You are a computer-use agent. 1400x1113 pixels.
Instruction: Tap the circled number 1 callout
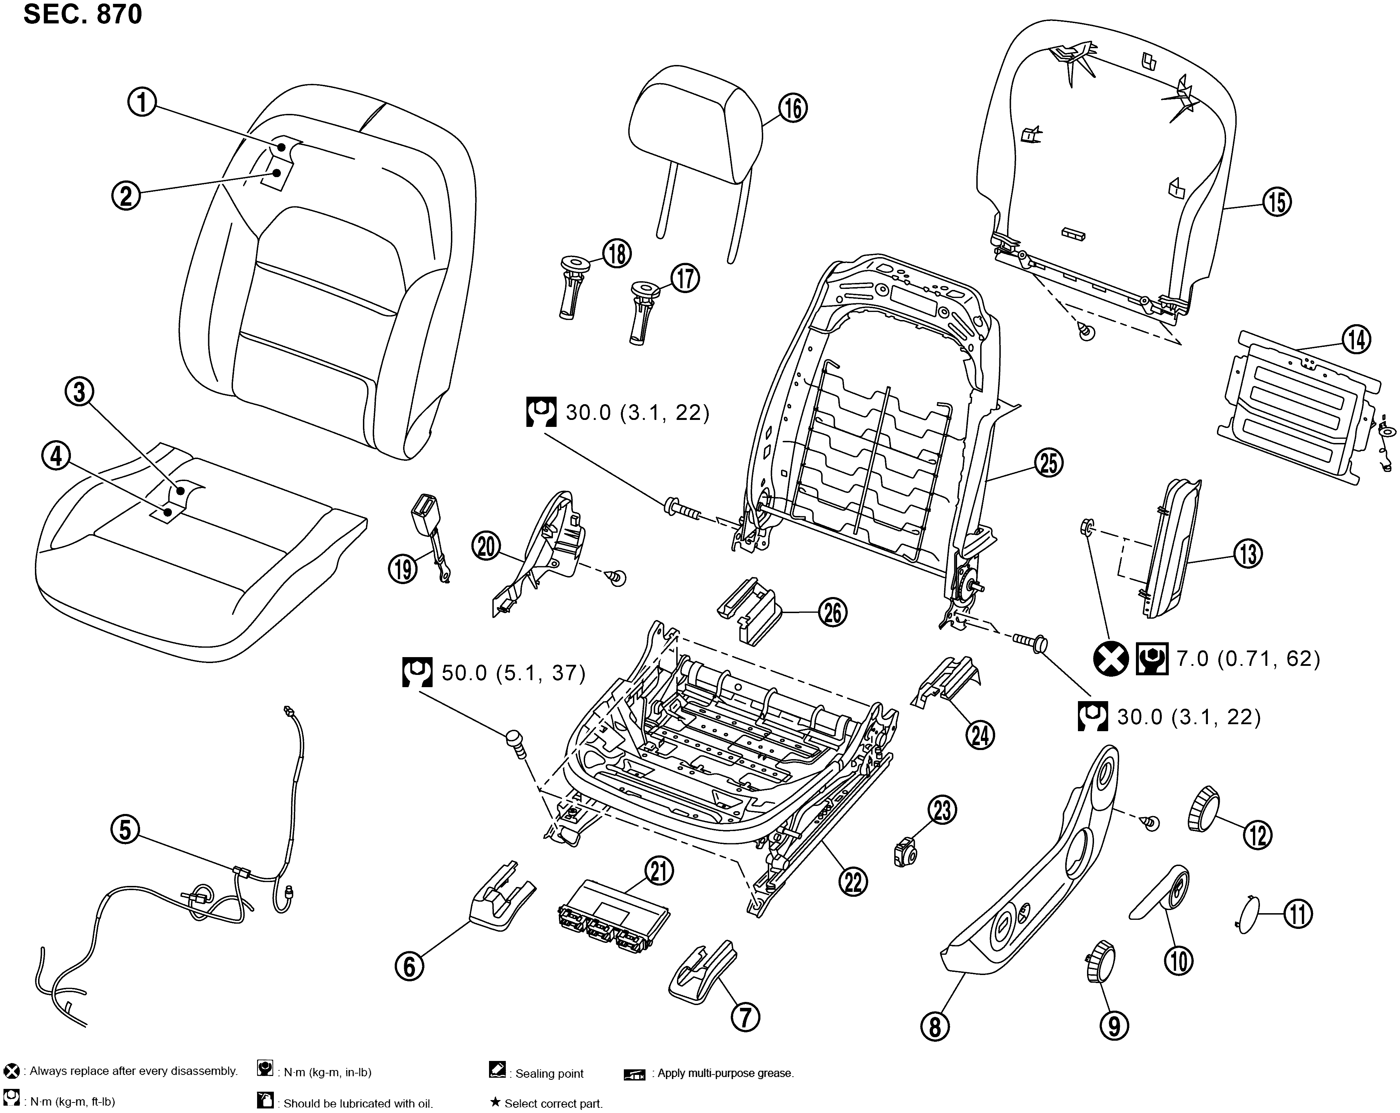pos(141,103)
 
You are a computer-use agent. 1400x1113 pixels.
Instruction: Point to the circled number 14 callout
pos(1356,340)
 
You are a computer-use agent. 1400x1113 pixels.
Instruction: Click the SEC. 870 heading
pos(82,14)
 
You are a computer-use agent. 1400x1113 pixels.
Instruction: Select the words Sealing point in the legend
pos(549,1074)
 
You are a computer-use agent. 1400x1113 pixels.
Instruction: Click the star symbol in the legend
pos(495,1103)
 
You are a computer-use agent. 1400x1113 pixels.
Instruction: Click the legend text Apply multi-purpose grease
pos(725,1074)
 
